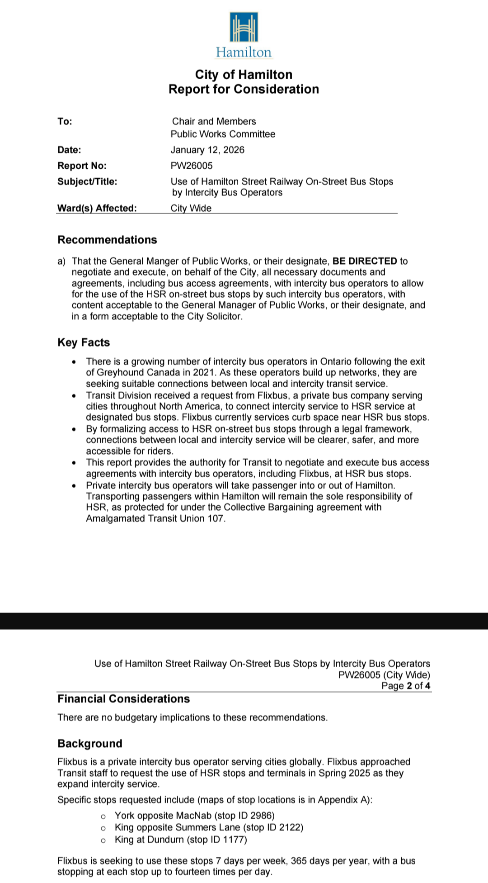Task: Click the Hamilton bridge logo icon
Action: tap(244, 28)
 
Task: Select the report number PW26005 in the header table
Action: tap(192, 166)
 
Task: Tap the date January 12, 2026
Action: tap(207, 150)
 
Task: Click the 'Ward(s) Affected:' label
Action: tap(97, 208)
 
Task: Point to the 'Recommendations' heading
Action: tap(107, 240)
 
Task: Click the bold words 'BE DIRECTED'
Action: tap(365, 261)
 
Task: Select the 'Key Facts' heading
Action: tap(84, 342)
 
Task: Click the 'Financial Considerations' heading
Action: tap(123, 699)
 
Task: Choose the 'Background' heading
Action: tap(90, 744)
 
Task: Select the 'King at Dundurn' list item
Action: tap(181, 840)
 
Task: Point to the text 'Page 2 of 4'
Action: tap(406, 686)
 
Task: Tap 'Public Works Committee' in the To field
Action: tap(223, 134)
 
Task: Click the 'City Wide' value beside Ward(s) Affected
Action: tap(191, 208)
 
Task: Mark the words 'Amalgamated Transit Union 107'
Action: tap(155, 518)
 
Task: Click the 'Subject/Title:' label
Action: tap(87, 181)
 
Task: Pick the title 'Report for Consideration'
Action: tap(244, 89)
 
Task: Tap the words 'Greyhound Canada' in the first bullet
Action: tap(136, 373)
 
